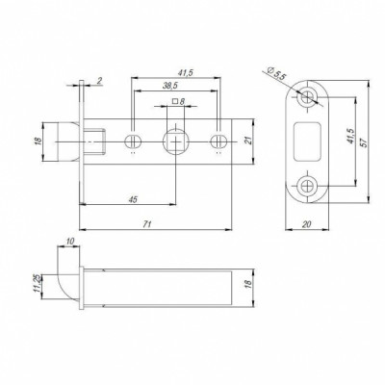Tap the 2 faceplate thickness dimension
click(x=100, y=82)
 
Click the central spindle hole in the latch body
click(x=176, y=140)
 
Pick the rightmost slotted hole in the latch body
click(x=220, y=140)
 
